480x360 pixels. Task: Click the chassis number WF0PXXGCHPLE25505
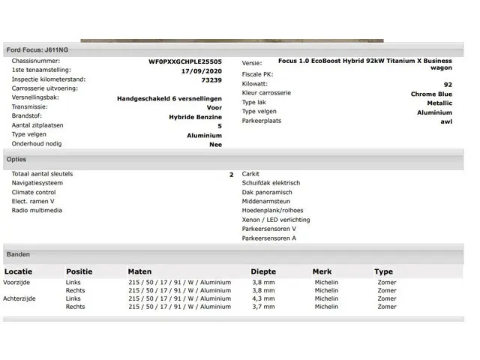pyautogui.click(x=185, y=61)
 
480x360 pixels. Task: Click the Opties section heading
pyautogui.click(x=16, y=160)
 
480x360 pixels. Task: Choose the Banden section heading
pyautogui.click(x=18, y=254)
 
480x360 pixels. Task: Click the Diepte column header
pyautogui.click(x=262, y=271)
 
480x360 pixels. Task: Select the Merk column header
pyautogui.click(x=322, y=271)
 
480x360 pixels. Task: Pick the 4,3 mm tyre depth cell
pyautogui.click(x=263, y=298)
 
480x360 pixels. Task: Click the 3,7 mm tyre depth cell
pyautogui.click(x=263, y=307)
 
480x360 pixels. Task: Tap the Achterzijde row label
pyautogui.click(x=22, y=298)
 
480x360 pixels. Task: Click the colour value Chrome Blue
pyautogui.click(x=431, y=94)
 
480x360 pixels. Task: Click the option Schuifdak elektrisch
pyautogui.click(x=271, y=183)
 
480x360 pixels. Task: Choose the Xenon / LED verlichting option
pyautogui.click(x=276, y=220)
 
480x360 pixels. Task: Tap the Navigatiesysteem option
pyautogui.click(x=37, y=183)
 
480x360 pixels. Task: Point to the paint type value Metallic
pyautogui.click(x=439, y=103)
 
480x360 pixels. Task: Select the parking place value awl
pyautogui.click(x=446, y=121)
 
